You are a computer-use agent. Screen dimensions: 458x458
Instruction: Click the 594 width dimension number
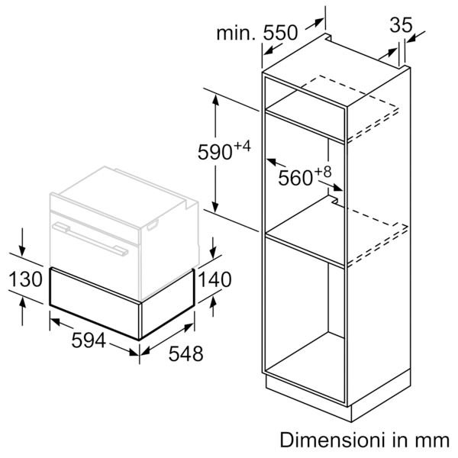pyautogui.click(x=89, y=340)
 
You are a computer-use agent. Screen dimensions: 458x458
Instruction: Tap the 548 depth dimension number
pyautogui.click(x=185, y=353)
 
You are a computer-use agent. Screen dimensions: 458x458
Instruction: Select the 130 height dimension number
pyautogui.click(x=26, y=279)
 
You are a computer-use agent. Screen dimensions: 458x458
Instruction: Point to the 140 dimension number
pyautogui.click(x=215, y=279)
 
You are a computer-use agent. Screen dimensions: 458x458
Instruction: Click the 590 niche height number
pyautogui.click(x=215, y=152)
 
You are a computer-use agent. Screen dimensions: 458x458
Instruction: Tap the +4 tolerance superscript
pyautogui.click(x=242, y=146)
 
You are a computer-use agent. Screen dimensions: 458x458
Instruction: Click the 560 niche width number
pyautogui.click(x=295, y=178)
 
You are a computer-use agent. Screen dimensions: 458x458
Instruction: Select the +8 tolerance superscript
pyautogui.click(x=323, y=172)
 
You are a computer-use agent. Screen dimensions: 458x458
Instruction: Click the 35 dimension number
pyautogui.click(x=401, y=25)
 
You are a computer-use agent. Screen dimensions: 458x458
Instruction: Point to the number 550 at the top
pyautogui.click(x=280, y=32)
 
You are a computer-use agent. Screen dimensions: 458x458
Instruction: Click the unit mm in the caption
pyautogui.click(x=433, y=442)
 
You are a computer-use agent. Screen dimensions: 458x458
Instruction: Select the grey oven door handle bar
pyautogui.click(x=90, y=239)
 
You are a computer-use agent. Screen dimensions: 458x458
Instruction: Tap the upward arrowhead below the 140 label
pyautogui.click(x=213, y=302)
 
